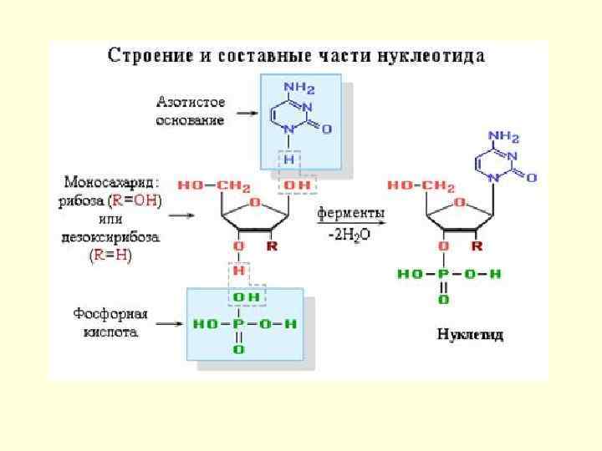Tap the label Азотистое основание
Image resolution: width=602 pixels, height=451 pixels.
pyautogui.click(x=190, y=111)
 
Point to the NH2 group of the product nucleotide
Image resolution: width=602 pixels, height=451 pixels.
pyautogui.click(x=504, y=137)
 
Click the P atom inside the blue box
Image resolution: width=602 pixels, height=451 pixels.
pyautogui.click(x=238, y=323)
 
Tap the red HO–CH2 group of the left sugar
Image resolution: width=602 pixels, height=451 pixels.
pyautogui.click(x=202, y=185)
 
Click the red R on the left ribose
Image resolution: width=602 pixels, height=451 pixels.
pyautogui.click(x=272, y=247)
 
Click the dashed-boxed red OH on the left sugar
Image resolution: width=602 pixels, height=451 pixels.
pyautogui.click(x=295, y=185)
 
